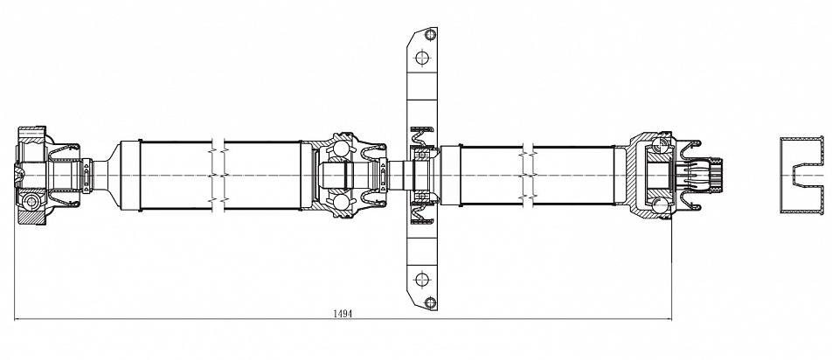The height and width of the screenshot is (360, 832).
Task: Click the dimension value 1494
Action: pos(343,314)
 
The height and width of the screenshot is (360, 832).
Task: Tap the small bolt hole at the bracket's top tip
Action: pos(430,35)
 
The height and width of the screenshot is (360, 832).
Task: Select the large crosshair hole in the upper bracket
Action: pos(422,58)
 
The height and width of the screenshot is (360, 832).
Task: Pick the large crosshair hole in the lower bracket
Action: pos(422,280)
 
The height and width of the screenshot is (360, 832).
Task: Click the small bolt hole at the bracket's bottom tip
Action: pos(430,302)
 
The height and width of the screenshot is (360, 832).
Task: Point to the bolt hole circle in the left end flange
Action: pos(31,202)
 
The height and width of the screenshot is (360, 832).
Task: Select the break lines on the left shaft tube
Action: pos(218,175)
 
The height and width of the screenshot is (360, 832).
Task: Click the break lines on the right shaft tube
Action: pos(527,175)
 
